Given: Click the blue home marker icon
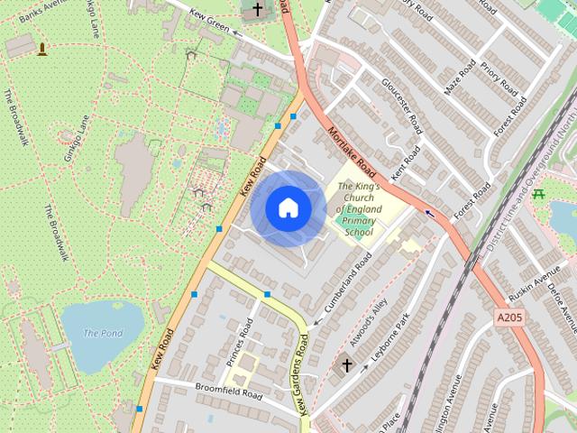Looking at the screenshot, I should pos(288,207).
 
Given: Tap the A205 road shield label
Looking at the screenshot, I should pos(508,318).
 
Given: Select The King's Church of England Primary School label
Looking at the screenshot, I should pos(359,209).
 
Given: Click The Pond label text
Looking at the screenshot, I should pos(103,333).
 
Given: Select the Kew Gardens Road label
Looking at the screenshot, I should pos(304,374).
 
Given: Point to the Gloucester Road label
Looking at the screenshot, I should pos(402,105).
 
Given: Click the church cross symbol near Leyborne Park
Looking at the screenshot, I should pos(346,365).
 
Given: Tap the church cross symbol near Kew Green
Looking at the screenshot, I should pos(258,10).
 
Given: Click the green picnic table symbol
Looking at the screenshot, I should pos(539,192).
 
